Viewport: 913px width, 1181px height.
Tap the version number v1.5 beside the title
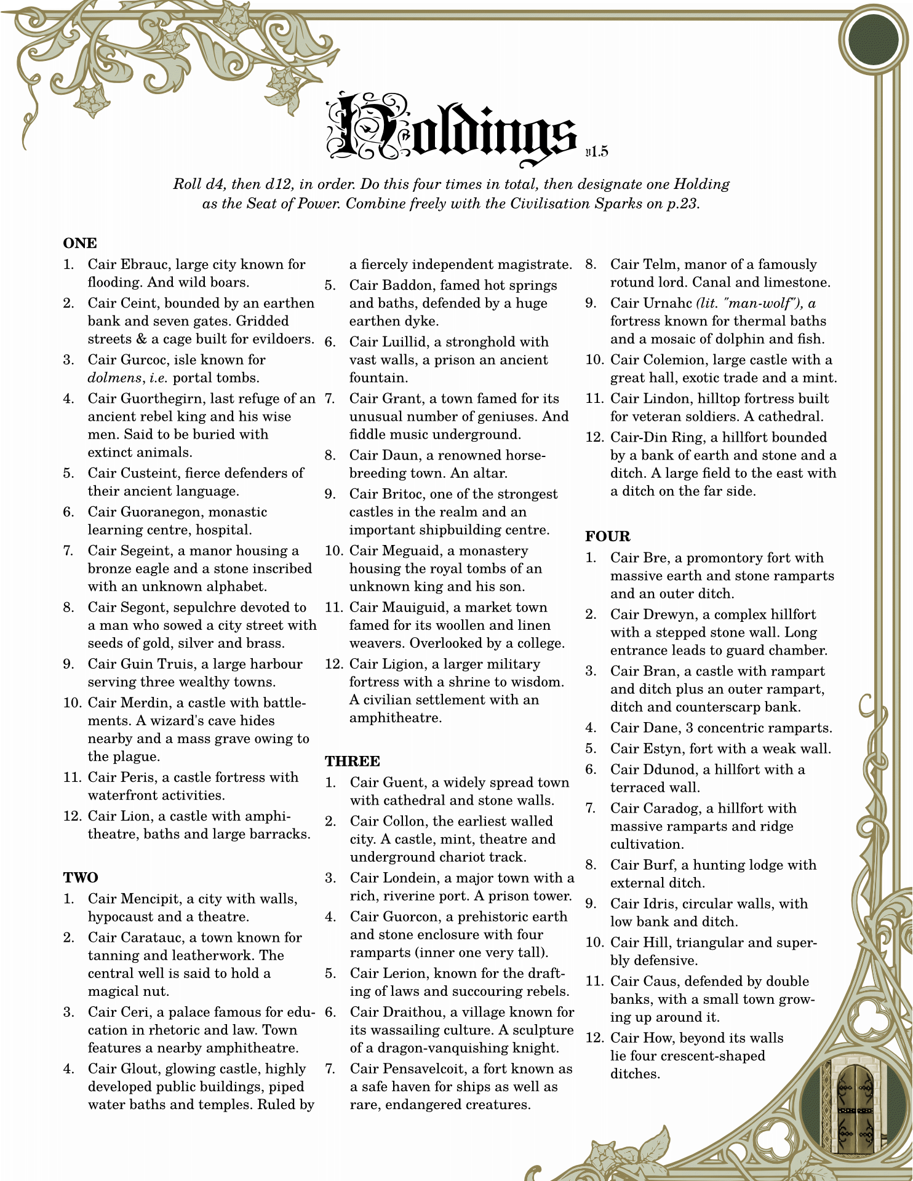(x=597, y=152)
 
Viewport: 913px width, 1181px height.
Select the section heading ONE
(x=80, y=244)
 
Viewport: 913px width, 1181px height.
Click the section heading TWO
(x=81, y=878)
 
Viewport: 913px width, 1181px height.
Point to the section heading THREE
(x=353, y=761)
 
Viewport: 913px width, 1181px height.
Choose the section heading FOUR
(x=608, y=536)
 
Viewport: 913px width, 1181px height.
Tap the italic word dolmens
(x=115, y=378)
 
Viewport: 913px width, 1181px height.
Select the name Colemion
(x=674, y=360)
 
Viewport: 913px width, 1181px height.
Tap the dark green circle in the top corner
(x=872, y=40)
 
